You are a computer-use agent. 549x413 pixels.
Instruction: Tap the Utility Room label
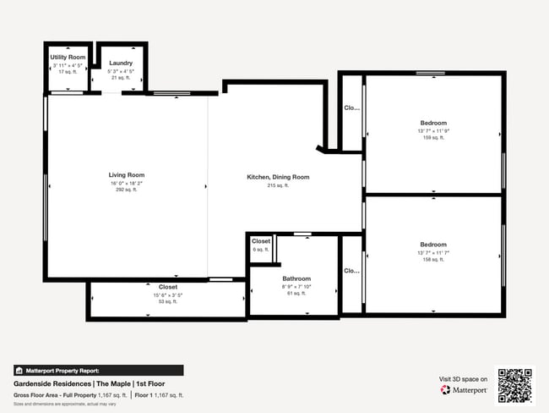pos(68,57)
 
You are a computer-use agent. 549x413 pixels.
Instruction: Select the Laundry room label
pos(121,63)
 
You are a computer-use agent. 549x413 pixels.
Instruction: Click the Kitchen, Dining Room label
pos(278,177)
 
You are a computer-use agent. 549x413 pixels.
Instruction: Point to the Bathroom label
pos(296,278)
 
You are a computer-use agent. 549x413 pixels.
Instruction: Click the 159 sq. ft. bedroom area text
pos(433,137)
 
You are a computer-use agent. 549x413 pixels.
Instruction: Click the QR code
pos(515,385)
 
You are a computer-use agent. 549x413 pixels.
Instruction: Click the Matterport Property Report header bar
pos(98,370)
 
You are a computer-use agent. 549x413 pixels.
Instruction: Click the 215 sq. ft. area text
pos(278,184)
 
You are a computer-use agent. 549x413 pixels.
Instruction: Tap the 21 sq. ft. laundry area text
pos(121,77)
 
